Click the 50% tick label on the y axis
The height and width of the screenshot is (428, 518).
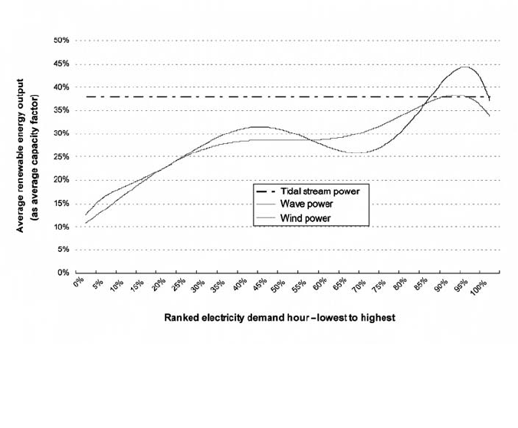[61, 40]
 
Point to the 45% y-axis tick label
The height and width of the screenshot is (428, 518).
[61, 64]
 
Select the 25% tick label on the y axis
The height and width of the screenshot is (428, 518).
[61, 157]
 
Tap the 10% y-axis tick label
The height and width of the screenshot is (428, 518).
[61, 227]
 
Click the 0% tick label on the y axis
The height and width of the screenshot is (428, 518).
[63, 273]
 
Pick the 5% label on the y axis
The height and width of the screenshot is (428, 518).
[63, 250]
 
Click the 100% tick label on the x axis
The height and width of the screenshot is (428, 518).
[480, 287]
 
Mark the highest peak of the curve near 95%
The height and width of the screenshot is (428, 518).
[464, 67]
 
